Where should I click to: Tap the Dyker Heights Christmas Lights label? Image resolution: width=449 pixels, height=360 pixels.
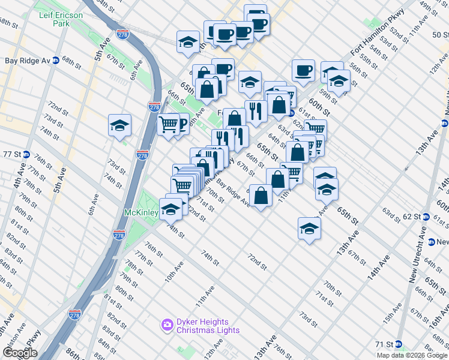[208, 326]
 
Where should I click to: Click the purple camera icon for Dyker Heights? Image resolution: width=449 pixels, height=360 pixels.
[167, 325]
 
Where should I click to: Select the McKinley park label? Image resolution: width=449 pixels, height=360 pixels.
[141, 213]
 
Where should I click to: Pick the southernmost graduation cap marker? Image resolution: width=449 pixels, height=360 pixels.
[309, 229]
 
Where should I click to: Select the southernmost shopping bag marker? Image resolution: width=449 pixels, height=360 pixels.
[261, 196]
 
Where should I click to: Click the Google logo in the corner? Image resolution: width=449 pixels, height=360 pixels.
[20, 353]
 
